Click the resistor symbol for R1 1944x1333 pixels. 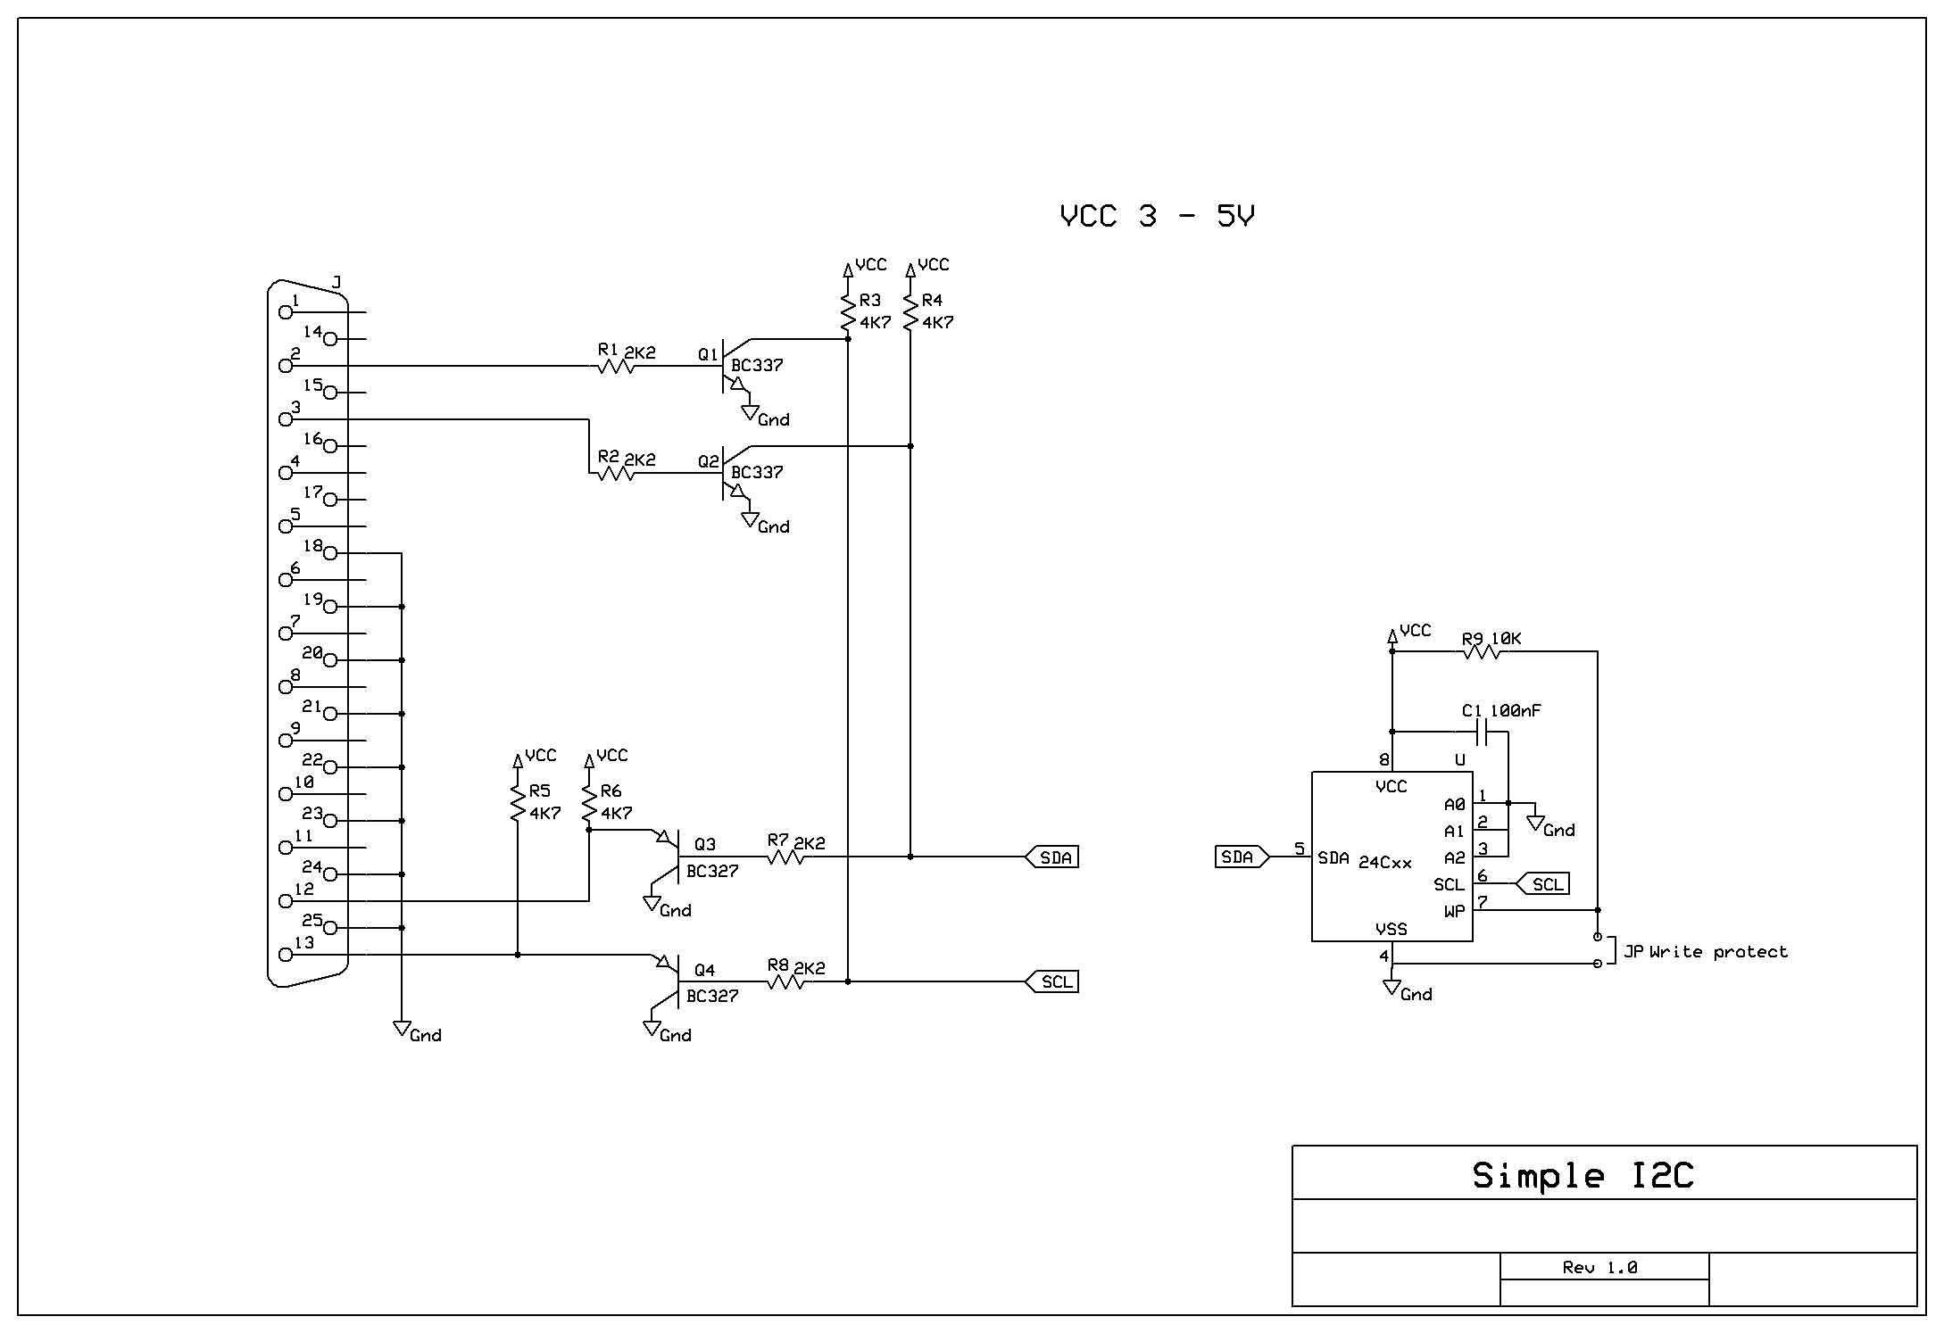[x=616, y=366]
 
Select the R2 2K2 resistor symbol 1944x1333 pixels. [x=616, y=473]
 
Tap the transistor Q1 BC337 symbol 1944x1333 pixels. [x=730, y=366]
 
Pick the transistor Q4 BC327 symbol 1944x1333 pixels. [x=675, y=981]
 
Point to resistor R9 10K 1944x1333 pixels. [x=1482, y=652]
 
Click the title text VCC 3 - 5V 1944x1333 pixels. [x=1157, y=216]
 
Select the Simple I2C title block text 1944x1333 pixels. [x=1583, y=1175]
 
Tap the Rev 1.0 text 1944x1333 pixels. [x=1599, y=1267]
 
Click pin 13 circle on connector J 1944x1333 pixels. [x=286, y=955]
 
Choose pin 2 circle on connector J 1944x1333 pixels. [x=286, y=366]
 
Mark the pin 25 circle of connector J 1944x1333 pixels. [x=330, y=928]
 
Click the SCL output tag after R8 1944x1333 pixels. [x=1054, y=981]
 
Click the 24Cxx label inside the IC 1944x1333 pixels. [x=1385, y=863]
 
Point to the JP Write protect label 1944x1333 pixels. [x=1705, y=952]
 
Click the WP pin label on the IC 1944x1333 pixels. [x=1454, y=911]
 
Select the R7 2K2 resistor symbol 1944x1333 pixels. [x=785, y=857]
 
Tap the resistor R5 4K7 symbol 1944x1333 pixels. [x=518, y=803]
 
